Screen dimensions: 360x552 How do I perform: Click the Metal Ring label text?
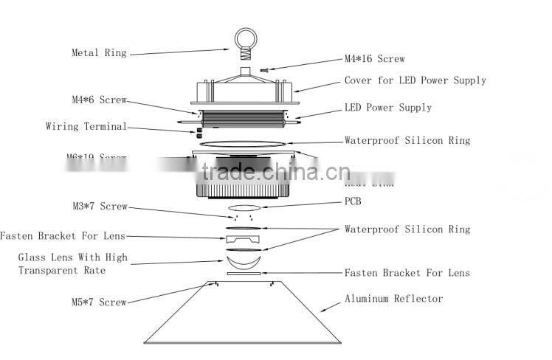pos(99,53)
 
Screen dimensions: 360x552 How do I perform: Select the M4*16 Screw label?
pos(374,59)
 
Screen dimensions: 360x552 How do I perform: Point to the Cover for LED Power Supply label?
pos(415,80)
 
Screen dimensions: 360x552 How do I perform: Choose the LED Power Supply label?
pos(388,108)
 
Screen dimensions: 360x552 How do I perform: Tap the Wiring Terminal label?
pos(86,127)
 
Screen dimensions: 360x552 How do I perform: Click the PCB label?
pos(354,200)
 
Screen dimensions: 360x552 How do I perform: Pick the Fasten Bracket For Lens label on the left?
pos(63,236)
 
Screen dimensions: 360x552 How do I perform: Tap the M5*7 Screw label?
pos(99,302)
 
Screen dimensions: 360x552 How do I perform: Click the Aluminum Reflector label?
pos(393,299)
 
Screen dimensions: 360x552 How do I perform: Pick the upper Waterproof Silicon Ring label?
pos(407,140)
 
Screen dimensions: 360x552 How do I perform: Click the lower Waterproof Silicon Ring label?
pos(407,229)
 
